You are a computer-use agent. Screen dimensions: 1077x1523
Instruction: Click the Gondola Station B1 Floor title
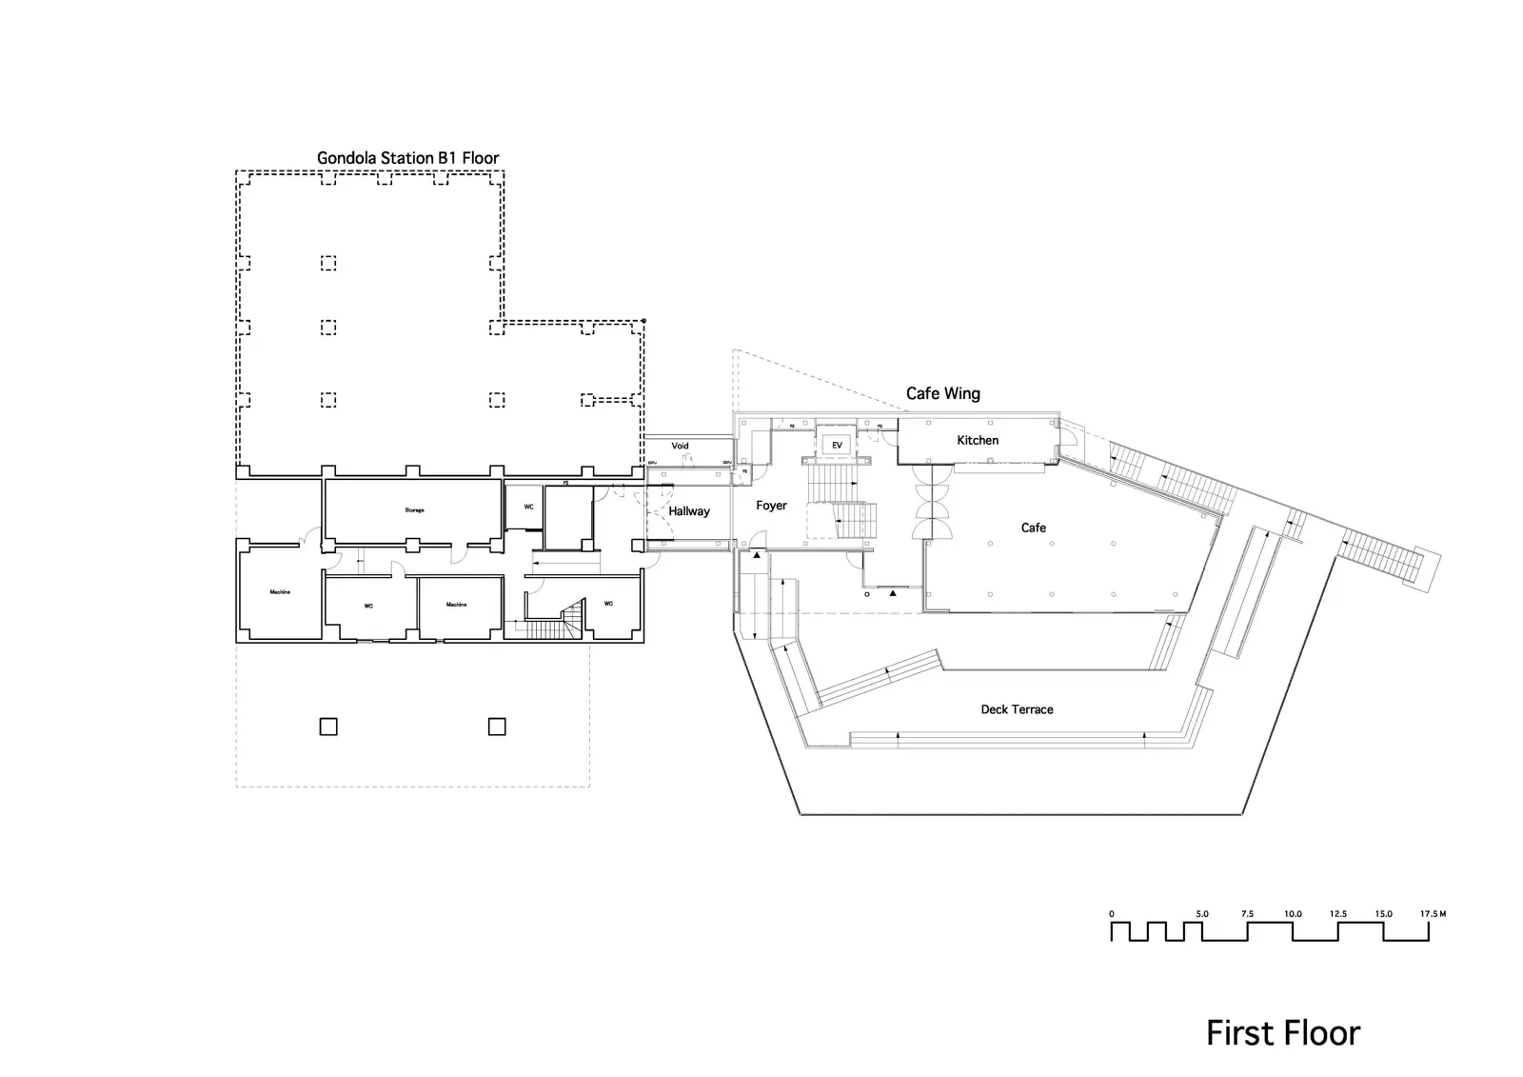407,158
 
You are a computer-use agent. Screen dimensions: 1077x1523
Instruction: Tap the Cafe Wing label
942,393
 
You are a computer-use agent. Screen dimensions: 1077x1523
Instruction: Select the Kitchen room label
978,440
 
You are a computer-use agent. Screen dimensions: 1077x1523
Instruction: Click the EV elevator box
838,445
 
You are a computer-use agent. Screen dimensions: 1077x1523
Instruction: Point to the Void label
680,446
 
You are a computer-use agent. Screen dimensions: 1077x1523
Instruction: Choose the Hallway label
689,511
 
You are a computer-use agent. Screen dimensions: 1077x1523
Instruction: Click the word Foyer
771,506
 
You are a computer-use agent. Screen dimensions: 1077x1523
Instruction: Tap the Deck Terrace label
1017,709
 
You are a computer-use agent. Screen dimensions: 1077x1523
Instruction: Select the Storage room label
414,510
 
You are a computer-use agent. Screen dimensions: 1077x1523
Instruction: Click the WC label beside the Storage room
528,507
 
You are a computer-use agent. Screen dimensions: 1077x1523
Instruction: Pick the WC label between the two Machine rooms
368,606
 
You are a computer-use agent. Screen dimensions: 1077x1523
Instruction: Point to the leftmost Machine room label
280,592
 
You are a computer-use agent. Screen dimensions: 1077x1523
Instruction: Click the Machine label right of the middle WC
457,605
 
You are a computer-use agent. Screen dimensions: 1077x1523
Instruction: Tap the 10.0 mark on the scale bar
1292,914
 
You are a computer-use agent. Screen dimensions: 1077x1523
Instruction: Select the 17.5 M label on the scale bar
1433,914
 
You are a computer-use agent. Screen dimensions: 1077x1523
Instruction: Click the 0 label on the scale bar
1112,914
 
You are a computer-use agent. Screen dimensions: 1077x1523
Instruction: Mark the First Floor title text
1283,1033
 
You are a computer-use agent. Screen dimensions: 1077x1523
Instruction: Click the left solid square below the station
327,727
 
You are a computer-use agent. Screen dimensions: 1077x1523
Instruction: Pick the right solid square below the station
497,727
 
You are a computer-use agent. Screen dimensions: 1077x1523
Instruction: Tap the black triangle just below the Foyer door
757,554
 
